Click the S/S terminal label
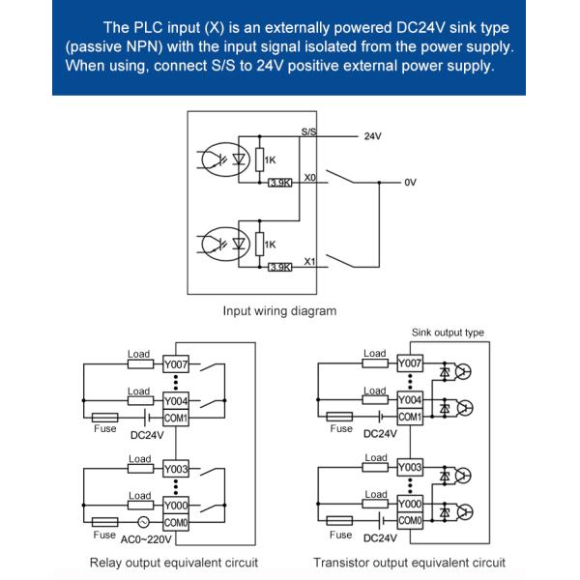pyautogui.click(x=308, y=130)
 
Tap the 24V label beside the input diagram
pyautogui.click(x=373, y=137)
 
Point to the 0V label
pyautogui.click(x=411, y=182)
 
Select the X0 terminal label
pyautogui.click(x=309, y=178)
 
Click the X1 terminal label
pyautogui.click(x=309, y=261)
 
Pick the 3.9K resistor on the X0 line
pyautogui.click(x=279, y=183)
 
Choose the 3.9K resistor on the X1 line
pyautogui.click(x=279, y=267)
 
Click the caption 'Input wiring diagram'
pyautogui.click(x=279, y=311)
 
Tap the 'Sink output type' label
pyautogui.click(x=448, y=333)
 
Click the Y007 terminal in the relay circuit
pyautogui.click(x=175, y=363)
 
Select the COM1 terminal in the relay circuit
pyautogui.click(x=175, y=417)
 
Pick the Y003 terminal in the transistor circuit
pyautogui.click(x=410, y=468)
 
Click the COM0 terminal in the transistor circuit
pyautogui.click(x=410, y=521)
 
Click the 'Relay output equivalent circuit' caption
pyautogui.click(x=174, y=563)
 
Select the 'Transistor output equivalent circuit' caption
pyautogui.click(x=409, y=563)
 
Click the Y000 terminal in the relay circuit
pyautogui.click(x=175, y=504)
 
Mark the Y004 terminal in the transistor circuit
pyautogui.click(x=410, y=399)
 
